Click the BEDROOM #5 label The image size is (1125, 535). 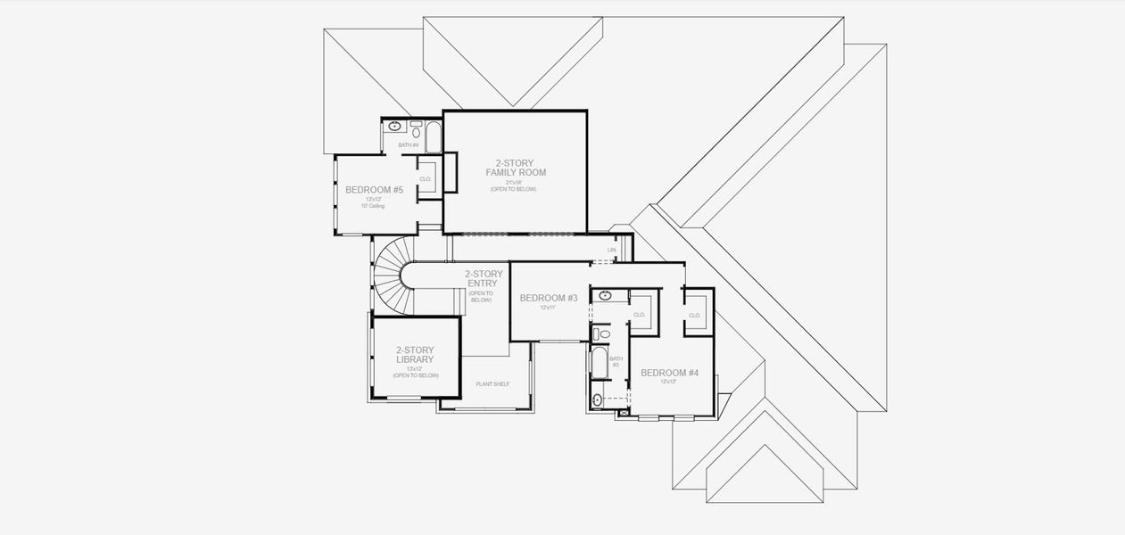coord(374,190)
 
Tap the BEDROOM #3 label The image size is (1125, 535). coord(549,298)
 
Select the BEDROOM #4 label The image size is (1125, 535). coord(669,373)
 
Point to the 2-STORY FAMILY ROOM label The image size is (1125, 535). coord(515,168)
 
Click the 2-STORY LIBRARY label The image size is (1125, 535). coord(415,355)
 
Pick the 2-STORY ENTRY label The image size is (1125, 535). coord(482,279)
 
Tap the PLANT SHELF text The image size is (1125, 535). coord(492,383)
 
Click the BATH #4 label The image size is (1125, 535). coord(408,144)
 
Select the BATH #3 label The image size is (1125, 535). coord(615,361)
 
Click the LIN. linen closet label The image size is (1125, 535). coord(611,251)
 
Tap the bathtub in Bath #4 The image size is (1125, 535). coord(433,137)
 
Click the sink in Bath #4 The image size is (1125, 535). coord(394,127)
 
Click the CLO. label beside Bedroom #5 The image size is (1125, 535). coord(426,179)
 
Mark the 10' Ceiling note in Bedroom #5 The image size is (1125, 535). coord(373,206)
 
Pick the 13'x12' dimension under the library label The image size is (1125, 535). coord(415,368)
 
